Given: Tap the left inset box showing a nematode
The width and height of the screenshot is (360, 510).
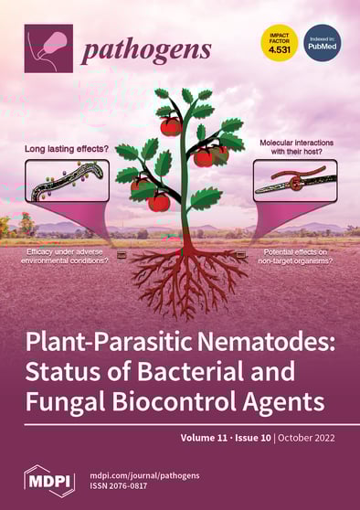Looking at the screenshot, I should coord(68,180).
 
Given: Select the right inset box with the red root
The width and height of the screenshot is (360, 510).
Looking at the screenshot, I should coord(294,180).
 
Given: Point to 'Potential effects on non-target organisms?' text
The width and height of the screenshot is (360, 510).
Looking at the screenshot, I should coord(295,255).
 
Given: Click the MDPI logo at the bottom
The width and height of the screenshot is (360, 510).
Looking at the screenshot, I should coord(49,480).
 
